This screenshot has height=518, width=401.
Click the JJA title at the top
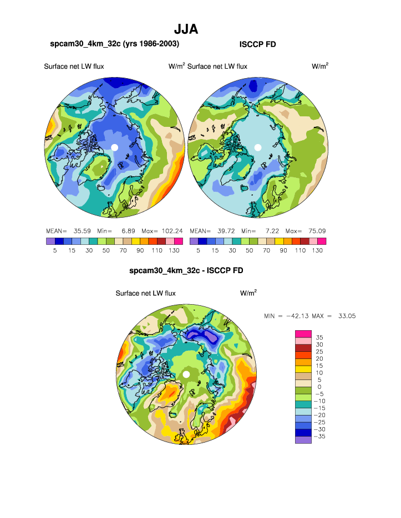point(186,29)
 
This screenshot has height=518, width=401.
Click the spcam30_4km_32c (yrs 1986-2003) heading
point(114,44)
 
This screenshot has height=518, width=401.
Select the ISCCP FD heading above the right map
point(257,44)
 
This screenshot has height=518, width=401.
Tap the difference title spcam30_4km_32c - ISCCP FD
point(186,271)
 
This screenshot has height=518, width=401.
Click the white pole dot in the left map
point(114,147)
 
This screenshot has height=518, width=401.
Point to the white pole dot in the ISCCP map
point(257,147)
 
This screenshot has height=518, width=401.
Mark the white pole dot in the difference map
point(186,375)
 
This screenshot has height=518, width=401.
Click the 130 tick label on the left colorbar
point(174,250)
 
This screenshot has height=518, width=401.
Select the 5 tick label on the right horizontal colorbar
point(198,250)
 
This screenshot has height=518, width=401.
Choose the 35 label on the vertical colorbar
point(319,337)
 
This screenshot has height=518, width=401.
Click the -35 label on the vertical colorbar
point(319,437)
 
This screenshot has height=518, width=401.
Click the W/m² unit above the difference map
point(248,293)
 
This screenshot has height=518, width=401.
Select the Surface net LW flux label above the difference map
point(145,293)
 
